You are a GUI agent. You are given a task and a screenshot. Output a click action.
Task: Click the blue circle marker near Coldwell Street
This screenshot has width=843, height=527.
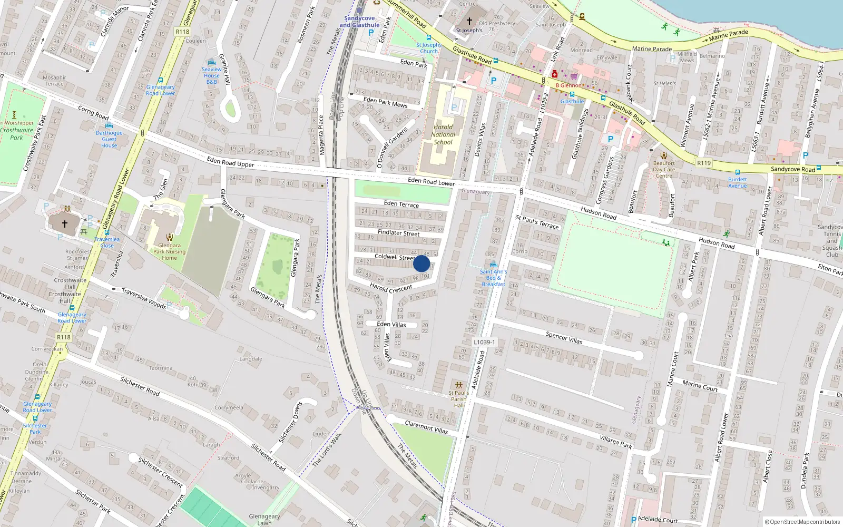[x=421, y=263]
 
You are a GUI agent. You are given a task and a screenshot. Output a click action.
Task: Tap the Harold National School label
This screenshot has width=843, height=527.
[x=443, y=134]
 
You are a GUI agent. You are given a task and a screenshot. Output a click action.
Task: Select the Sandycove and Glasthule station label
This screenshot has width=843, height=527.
[x=359, y=22]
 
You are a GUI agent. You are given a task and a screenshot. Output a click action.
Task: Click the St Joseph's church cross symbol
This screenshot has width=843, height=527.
[x=469, y=21]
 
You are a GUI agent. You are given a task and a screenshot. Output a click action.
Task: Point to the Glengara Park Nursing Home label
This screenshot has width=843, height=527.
[x=169, y=251]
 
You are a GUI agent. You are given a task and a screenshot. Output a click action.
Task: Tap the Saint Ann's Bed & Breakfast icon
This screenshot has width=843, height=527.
[x=493, y=265]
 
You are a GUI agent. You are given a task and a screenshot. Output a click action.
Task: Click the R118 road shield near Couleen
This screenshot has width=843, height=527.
[x=182, y=32]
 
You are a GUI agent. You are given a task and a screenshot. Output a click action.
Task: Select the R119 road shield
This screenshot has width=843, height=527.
[x=704, y=163]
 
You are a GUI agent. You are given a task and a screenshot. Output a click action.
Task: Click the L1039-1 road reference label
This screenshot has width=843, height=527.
[x=484, y=342]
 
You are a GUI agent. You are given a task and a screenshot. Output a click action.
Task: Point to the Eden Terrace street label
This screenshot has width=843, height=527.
[x=401, y=204]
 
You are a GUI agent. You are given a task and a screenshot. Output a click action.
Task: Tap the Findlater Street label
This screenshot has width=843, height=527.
[x=399, y=232]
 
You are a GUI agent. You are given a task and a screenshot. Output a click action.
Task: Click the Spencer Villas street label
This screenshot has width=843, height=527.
[x=564, y=338]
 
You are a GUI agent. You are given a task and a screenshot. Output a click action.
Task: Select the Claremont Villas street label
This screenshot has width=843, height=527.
[x=426, y=427]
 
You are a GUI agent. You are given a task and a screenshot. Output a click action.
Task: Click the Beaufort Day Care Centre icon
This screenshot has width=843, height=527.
[x=664, y=155]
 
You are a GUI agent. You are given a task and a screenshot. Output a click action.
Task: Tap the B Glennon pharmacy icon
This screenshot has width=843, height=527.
[x=555, y=74]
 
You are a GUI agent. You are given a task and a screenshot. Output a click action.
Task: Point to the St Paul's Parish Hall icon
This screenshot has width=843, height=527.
[x=458, y=385]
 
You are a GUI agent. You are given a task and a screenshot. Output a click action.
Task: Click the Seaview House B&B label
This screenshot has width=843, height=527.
[x=212, y=75]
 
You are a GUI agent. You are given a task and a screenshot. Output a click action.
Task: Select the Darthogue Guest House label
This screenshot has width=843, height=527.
[x=109, y=139]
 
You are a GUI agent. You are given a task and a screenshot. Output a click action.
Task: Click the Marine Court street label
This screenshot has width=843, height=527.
[x=700, y=386]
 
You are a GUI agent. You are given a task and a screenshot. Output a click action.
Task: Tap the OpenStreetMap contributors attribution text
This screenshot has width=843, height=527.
[x=802, y=522]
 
